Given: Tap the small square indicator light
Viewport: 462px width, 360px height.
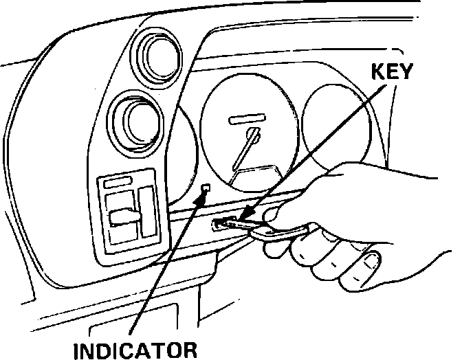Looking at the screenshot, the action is pyautogui.click(x=206, y=188).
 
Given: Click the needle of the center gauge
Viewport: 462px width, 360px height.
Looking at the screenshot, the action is pyautogui.click(x=245, y=148).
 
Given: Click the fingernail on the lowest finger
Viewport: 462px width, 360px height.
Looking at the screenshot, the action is pyautogui.click(x=371, y=262).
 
